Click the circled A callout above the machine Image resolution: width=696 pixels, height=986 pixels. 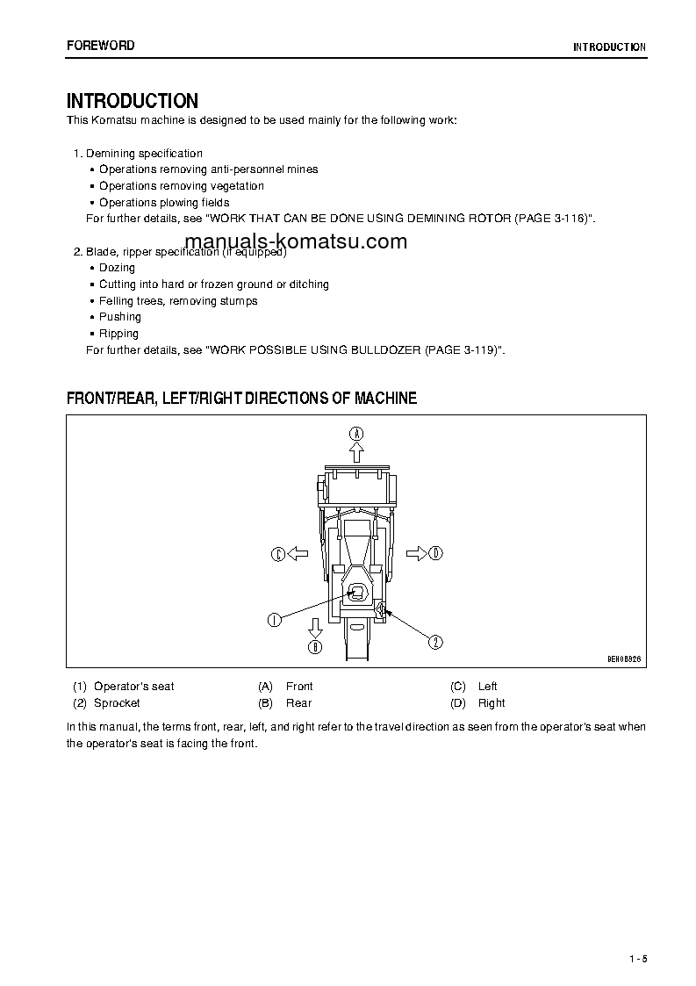coord(356,433)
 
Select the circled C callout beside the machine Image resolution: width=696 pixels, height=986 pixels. coord(277,553)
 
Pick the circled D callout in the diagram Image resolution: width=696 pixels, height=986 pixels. coord(436,553)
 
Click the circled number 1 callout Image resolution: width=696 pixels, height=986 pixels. coord(275,620)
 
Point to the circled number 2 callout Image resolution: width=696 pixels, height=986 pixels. coord(434,642)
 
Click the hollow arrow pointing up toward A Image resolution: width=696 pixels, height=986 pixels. coord(356,452)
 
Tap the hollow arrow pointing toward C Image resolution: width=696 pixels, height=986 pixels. coord(298,553)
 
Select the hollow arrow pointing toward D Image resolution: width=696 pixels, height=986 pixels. coord(416,553)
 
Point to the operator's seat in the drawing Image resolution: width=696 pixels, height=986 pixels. coord(356,591)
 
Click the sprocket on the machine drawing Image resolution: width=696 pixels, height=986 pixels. coord(380,607)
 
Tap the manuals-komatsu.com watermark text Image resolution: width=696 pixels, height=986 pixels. coord(296,242)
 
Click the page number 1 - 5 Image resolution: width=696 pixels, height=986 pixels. coord(638,958)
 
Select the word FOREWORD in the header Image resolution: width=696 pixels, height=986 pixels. coord(101,46)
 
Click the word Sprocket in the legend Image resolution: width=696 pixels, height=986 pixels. coord(117,703)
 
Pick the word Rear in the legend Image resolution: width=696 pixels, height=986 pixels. coord(298,703)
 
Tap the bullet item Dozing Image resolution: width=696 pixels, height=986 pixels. coord(117,268)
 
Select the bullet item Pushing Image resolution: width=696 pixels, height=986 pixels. coord(119,317)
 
